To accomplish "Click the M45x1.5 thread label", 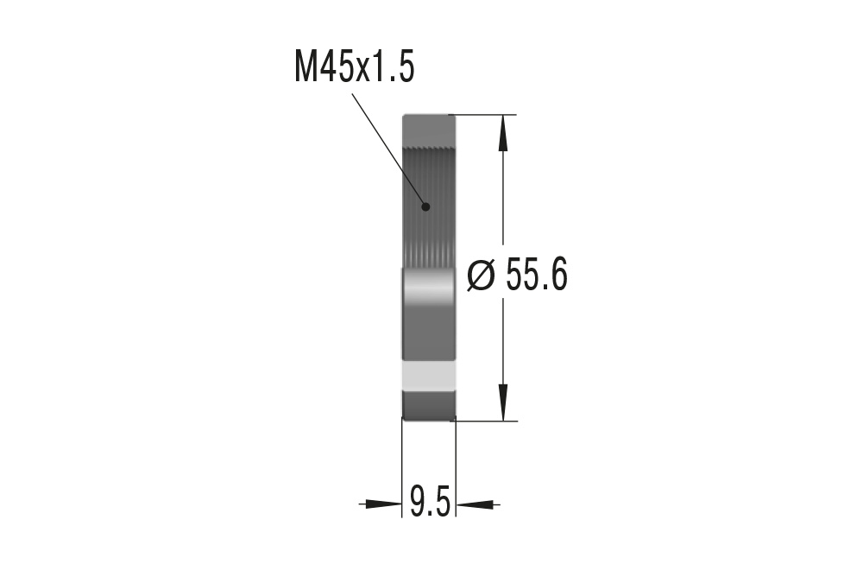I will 354,67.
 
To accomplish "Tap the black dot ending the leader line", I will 425,206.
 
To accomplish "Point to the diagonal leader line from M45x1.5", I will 388,149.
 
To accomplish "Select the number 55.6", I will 536,276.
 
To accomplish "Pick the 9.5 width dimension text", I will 430,502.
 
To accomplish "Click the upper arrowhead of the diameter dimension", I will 504,130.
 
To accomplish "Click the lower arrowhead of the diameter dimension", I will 504,406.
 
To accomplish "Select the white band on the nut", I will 429,376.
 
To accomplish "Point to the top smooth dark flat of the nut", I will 429,130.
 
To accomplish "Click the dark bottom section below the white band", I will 429,404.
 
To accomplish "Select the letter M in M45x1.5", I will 306,67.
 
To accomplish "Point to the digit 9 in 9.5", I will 418,502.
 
